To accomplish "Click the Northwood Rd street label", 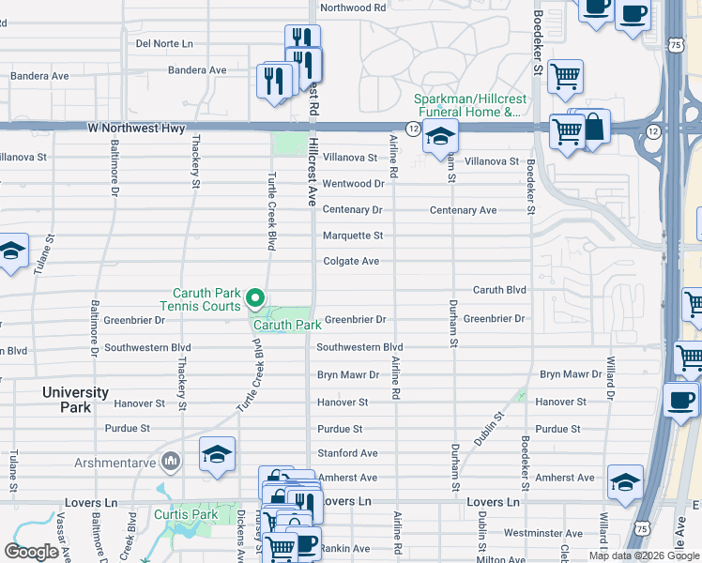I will click(x=353, y=7).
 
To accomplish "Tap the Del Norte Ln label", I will click(x=164, y=43).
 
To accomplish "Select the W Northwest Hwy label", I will click(x=137, y=128).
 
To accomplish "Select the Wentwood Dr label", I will click(x=353, y=184).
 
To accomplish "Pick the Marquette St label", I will click(x=353, y=236).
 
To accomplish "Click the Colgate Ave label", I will click(x=351, y=261).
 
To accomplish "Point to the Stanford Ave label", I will click(x=347, y=453).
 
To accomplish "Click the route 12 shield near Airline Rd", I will click(x=413, y=127).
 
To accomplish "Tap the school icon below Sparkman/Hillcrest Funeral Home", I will click(x=439, y=136).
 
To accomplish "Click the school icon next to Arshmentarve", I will click(x=217, y=455).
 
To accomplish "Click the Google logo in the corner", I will click(x=31, y=552).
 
